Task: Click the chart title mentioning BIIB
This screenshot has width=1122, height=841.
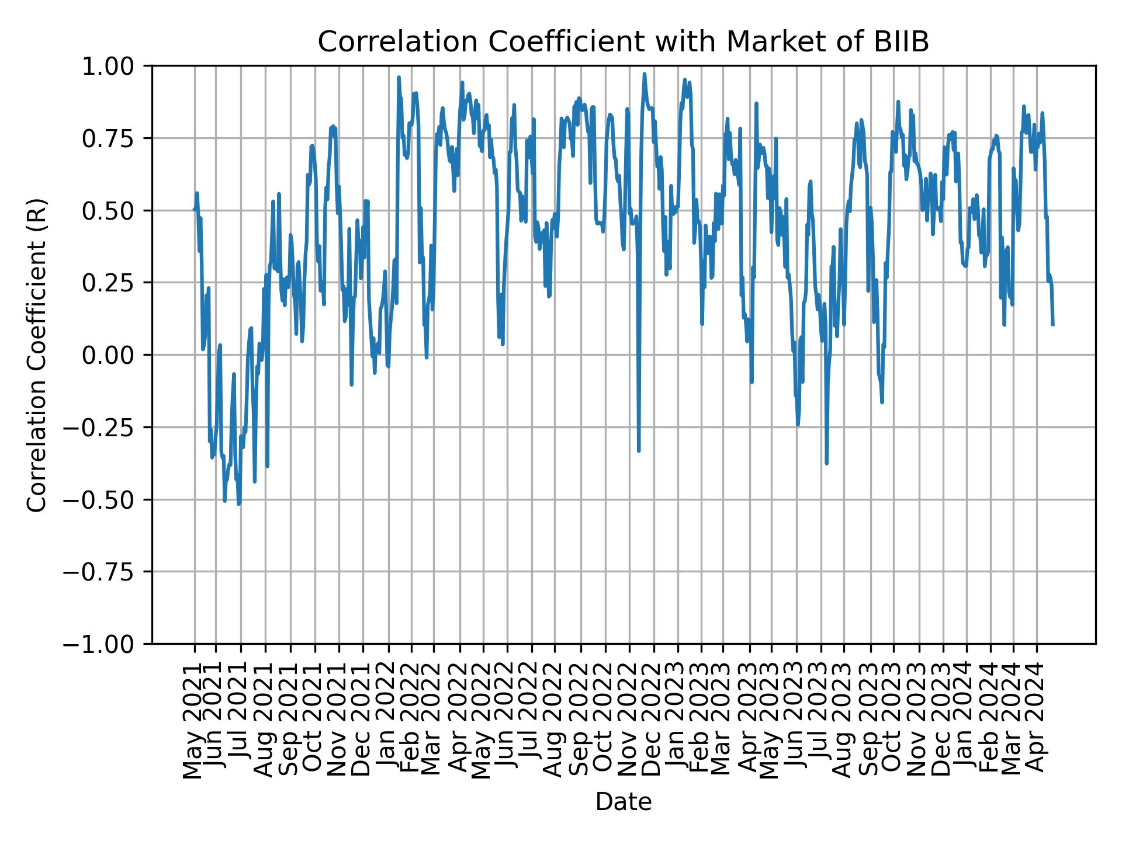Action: (623, 43)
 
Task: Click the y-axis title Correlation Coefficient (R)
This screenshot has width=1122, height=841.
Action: (36, 355)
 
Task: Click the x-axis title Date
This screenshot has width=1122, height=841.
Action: (623, 802)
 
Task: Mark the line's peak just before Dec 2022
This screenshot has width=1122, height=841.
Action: (645, 74)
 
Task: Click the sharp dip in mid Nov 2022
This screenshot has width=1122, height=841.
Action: (639, 450)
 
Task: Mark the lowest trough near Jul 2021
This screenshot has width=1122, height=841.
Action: (238, 503)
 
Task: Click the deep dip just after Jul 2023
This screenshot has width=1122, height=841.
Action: (826, 463)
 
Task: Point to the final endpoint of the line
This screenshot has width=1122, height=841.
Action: (1052, 324)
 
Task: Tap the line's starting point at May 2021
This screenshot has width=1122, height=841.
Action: (194, 210)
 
